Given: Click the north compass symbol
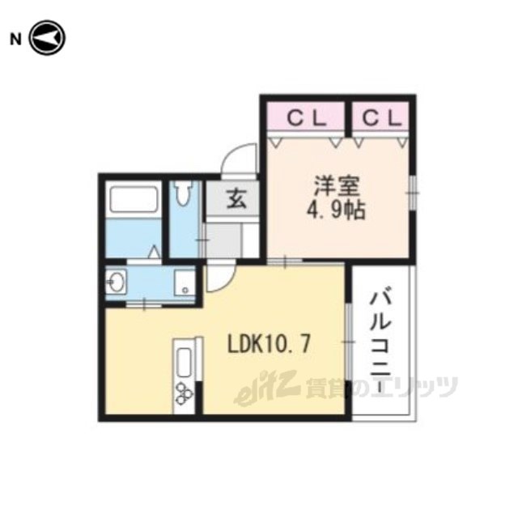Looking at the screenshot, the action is point(48,38).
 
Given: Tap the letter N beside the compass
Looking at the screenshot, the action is point(15,40).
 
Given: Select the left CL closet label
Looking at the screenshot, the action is point(307,118).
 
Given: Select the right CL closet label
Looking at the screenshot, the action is point(382,118).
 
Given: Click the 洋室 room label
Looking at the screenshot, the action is point(337,186).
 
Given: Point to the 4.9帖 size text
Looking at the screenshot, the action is point(337,210).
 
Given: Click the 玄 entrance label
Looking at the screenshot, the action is point(237,198).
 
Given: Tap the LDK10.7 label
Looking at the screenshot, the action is point(269,345).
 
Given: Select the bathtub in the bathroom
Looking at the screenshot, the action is point(134,199).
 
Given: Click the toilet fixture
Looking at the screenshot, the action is point(184,193).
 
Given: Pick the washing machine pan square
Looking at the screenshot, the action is point(184,282).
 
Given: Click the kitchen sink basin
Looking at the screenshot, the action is point(184,363).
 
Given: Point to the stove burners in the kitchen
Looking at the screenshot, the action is point(184,393).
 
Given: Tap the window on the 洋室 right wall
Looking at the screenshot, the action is point(413,193).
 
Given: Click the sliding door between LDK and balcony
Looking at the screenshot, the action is point(348,342).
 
